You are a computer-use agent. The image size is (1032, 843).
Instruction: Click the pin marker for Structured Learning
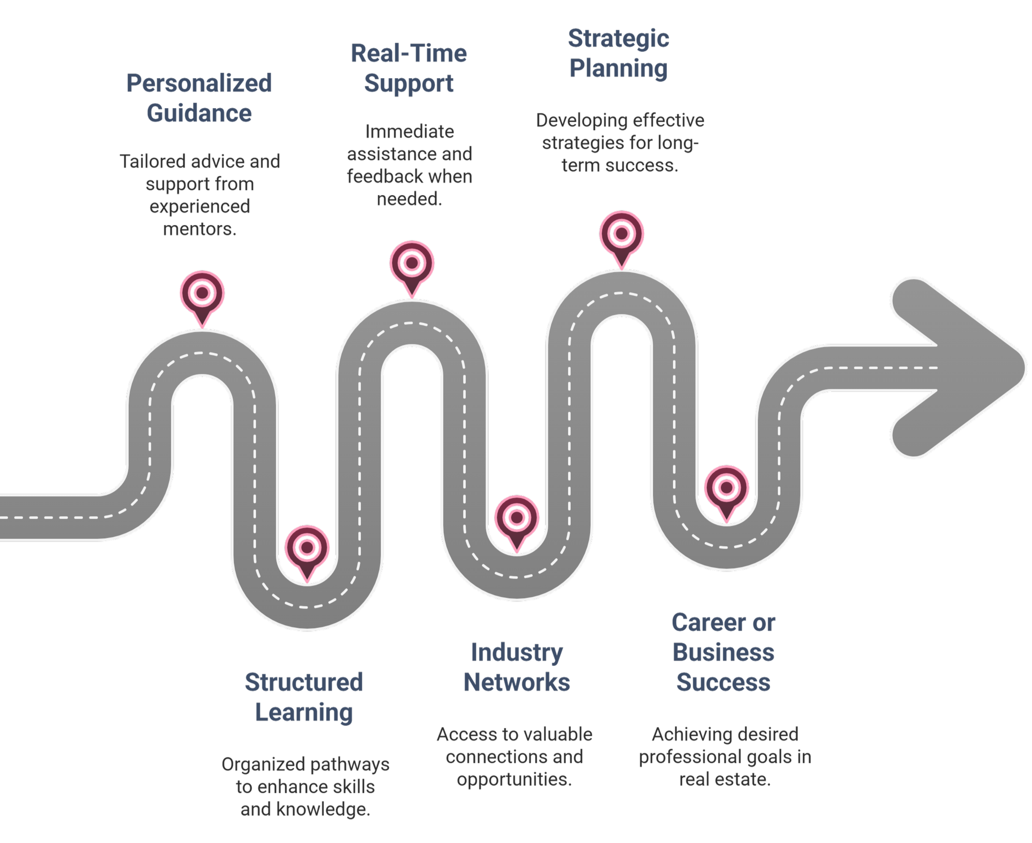[307, 549]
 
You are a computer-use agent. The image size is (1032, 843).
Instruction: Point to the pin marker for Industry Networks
[516, 519]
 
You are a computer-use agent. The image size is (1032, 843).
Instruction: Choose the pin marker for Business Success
[726, 489]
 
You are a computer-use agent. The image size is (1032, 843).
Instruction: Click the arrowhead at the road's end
[963, 367]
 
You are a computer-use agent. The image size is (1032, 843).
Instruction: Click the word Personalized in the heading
[199, 84]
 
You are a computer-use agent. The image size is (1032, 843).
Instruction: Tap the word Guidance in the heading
[199, 113]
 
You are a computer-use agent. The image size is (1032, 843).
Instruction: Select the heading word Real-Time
[409, 54]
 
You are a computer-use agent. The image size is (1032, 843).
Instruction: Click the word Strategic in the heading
[619, 38]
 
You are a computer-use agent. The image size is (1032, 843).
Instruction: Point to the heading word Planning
[619, 68]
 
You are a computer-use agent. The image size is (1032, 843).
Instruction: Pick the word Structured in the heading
[304, 682]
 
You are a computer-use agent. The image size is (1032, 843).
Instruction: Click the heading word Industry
[516, 653]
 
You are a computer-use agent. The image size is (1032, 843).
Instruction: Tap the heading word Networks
[516, 683]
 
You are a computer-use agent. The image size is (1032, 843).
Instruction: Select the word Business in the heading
[723, 653]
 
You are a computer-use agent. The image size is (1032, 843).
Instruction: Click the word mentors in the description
[200, 229]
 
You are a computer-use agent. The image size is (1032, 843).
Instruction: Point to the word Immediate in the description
[409, 132]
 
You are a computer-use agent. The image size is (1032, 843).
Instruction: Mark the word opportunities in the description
[514, 780]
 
